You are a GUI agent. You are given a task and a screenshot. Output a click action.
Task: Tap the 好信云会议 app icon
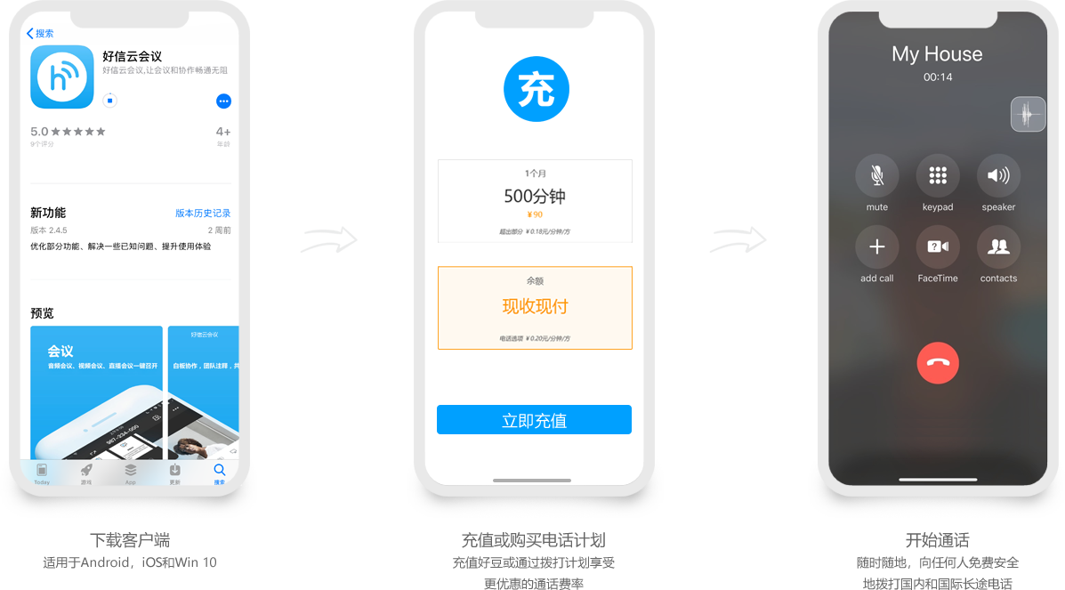(62, 77)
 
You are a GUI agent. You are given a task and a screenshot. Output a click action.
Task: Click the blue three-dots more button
(223, 101)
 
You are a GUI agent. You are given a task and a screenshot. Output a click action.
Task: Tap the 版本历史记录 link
(203, 214)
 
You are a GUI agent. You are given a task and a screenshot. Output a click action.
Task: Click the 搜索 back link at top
(40, 34)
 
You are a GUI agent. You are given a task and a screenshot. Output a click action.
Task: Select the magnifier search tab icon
(219, 470)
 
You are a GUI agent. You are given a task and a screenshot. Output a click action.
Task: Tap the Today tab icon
(42, 470)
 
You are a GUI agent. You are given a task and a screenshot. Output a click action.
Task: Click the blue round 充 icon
(536, 89)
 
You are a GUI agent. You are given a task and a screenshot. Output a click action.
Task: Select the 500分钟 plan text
(535, 197)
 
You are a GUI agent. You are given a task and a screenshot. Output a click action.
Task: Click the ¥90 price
(535, 214)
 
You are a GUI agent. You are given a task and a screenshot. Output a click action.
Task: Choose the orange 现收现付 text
(535, 307)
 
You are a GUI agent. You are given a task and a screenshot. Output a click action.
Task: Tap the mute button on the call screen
(876, 175)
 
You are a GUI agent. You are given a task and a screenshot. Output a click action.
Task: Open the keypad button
(938, 175)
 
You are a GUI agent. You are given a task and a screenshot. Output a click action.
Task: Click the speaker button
(998, 175)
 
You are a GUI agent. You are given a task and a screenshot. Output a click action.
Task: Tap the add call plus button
(876, 247)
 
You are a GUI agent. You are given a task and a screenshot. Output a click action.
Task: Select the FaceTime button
(938, 247)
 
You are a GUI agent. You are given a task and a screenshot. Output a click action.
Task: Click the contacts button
(998, 247)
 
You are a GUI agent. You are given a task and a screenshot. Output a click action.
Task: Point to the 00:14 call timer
(938, 77)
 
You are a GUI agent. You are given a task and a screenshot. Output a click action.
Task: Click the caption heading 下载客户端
(130, 540)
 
